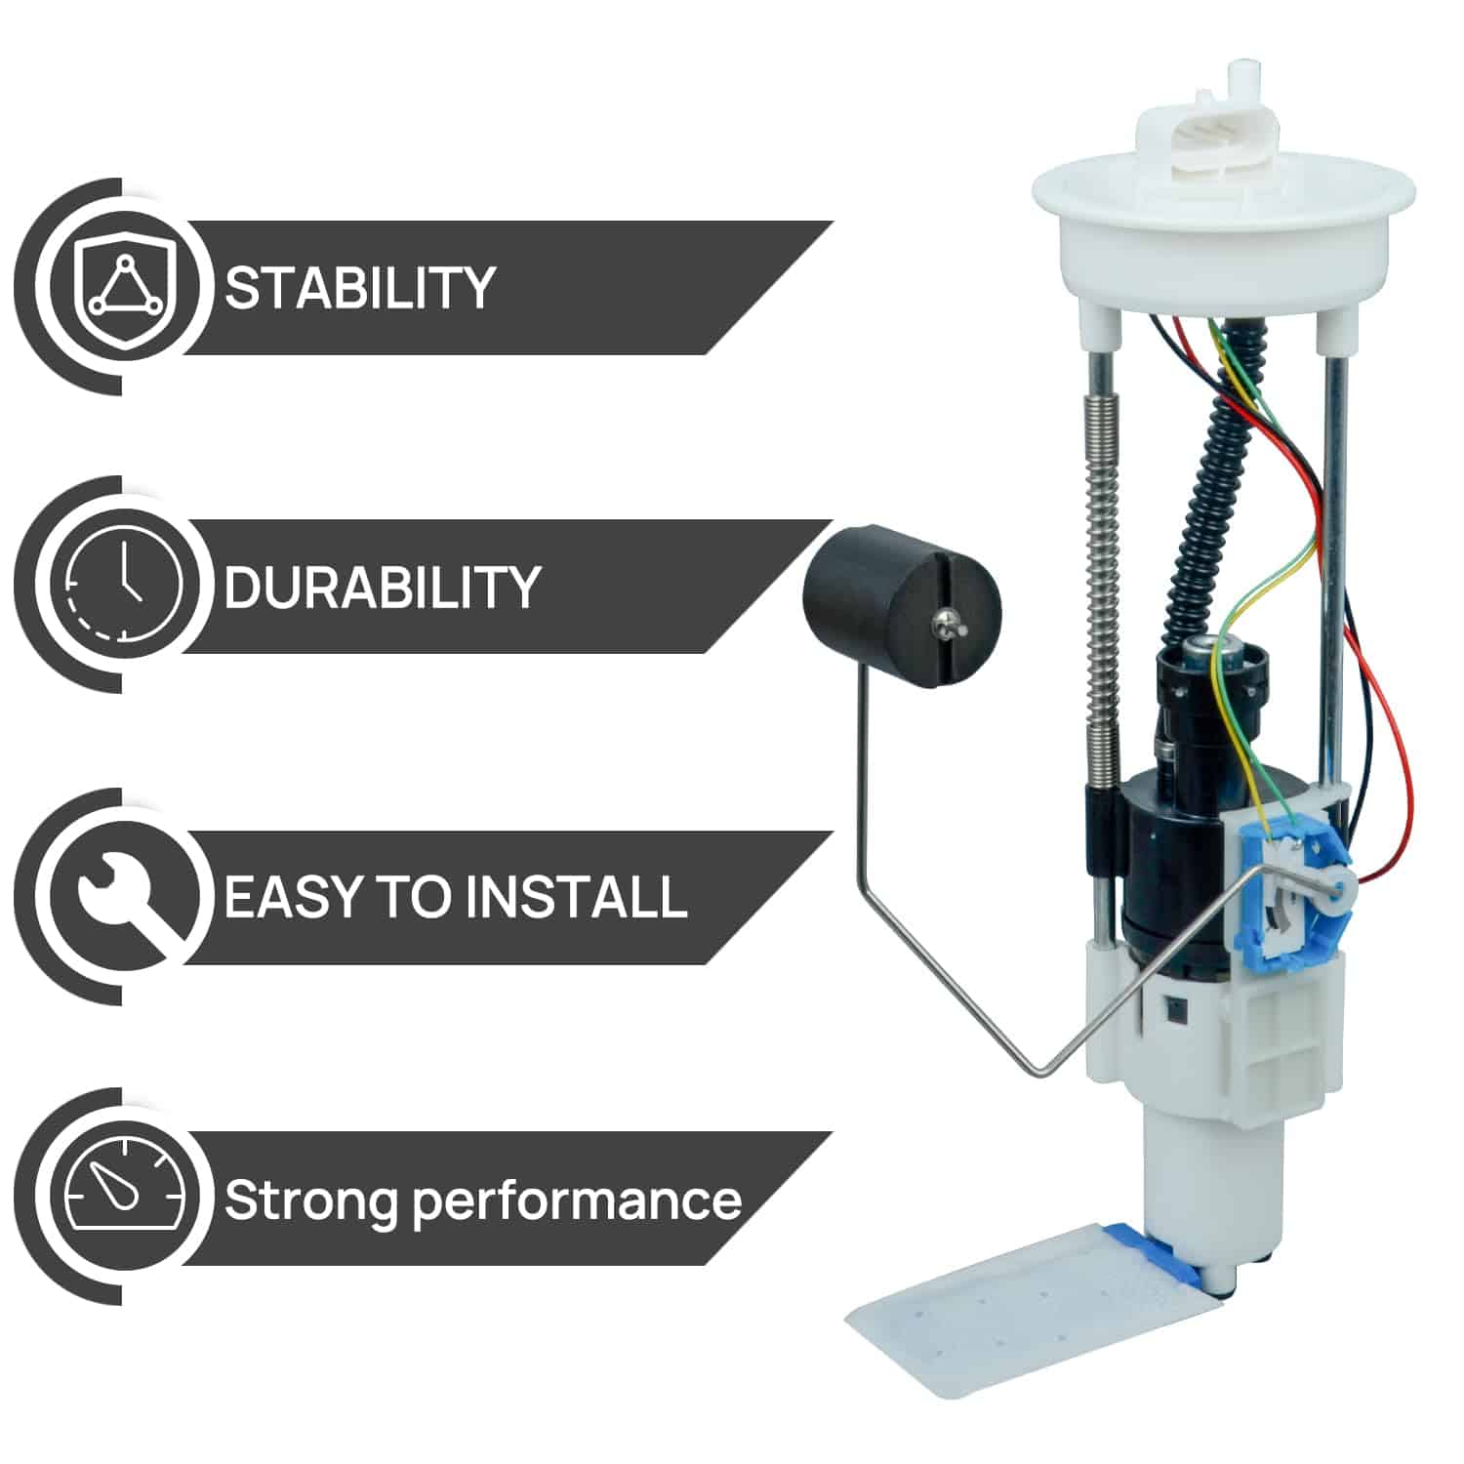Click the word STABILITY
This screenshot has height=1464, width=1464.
pyautogui.click(x=359, y=288)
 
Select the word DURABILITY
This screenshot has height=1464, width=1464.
pyautogui.click(x=382, y=588)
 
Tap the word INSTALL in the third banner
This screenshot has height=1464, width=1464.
pyautogui.click(x=574, y=897)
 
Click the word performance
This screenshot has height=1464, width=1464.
pyautogui.click(x=577, y=1200)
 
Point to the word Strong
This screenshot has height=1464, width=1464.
pyautogui.click(x=311, y=1200)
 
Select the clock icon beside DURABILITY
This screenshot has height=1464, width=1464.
pyautogui.click(x=124, y=587)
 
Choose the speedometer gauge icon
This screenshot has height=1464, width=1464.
pyautogui.click(x=124, y=1197)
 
